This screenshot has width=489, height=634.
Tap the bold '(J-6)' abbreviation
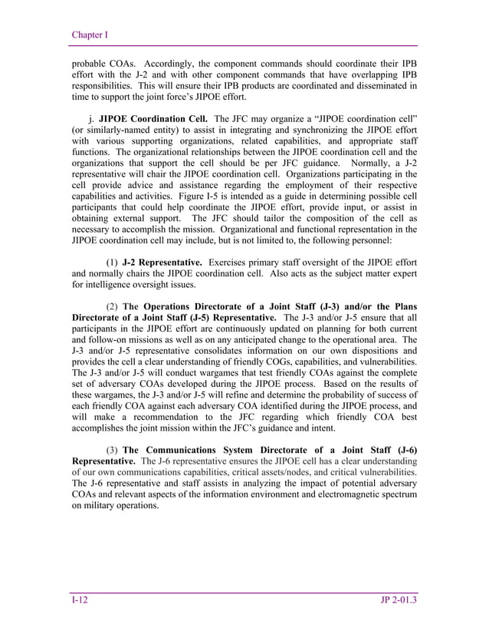[402, 449]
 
